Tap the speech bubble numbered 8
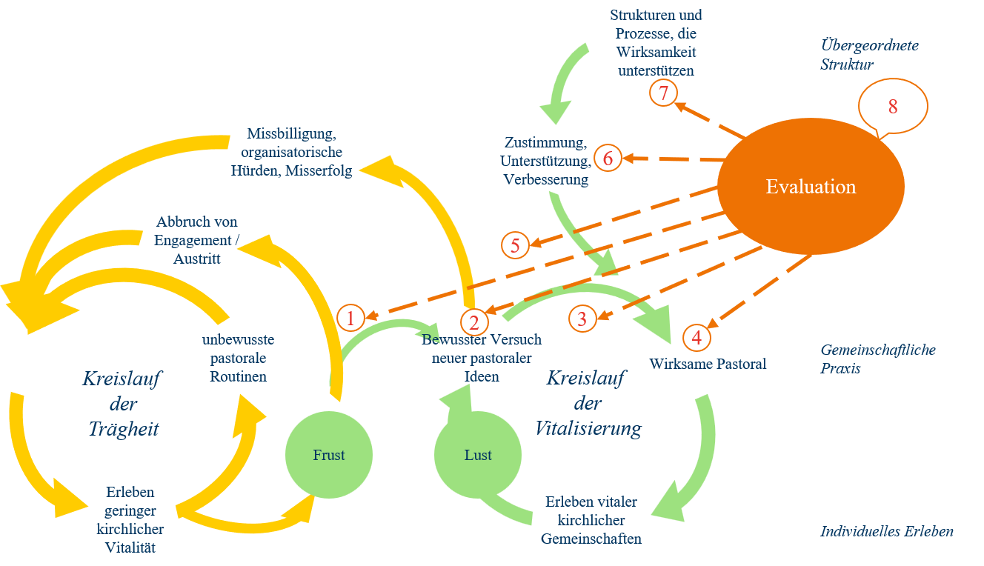[893, 107]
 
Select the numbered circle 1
[350, 319]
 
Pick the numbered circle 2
[473, 322]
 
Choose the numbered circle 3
[582, 319]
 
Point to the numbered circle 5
[515, 245]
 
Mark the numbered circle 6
[608, 159]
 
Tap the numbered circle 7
[663, 93]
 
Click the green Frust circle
[329, 455]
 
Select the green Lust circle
[477, 455]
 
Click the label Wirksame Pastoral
[708, 364]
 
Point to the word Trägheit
[124, 430]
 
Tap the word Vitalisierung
[588, 429]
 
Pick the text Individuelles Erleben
[886, 531]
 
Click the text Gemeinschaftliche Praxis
[877, 359]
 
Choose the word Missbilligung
[291, 135]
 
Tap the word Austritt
[197, 259]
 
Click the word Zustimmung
[545, 141]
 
